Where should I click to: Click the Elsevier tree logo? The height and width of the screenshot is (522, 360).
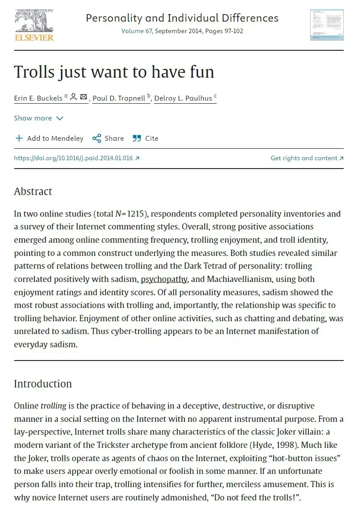tap(34, 21)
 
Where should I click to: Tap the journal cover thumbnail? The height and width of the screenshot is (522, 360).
tap(326, 25)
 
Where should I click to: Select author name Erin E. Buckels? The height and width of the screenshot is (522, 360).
tap(38, 98)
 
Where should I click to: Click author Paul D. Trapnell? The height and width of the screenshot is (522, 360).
tap(119, 98)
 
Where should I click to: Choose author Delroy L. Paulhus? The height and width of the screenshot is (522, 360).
tap(183, 98)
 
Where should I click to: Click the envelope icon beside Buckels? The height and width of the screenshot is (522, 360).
tap(84, 97)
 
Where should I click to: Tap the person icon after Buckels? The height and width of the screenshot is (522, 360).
tap(74, 97)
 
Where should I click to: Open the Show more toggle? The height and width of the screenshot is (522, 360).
tap(39, 118)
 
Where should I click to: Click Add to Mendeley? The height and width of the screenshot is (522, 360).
tap(49, 139)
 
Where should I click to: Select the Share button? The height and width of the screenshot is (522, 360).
tap(108, 139)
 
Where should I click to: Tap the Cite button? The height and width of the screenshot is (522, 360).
tap(146, 139)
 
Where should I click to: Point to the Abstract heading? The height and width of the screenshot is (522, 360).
tap(33, 192)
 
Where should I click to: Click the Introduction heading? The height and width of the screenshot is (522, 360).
tap(43, 384)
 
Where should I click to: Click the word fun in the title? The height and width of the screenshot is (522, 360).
tap(199, 72)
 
